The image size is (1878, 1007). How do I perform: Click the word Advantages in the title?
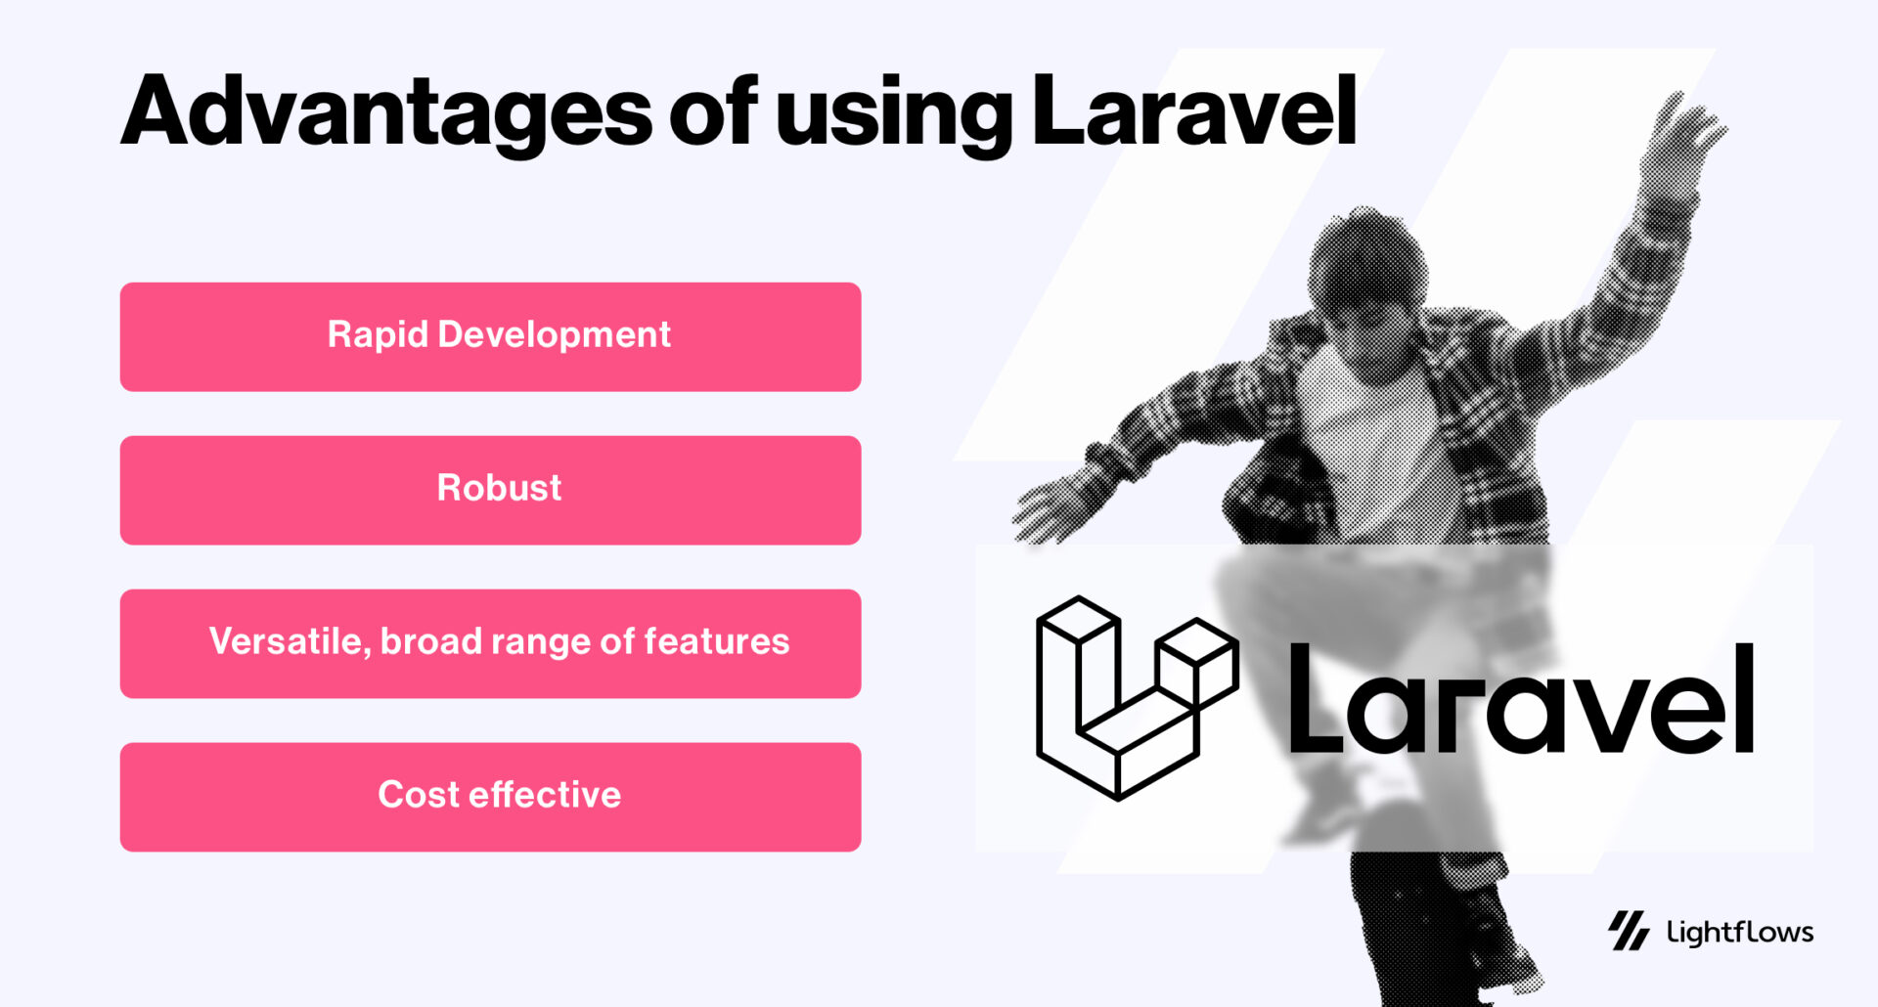click(x=386, y=112)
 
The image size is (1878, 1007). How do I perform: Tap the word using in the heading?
click(x=894, y=115)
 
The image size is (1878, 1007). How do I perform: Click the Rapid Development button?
click(x=490, y=337)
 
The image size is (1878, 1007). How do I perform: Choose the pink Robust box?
click(x=490, y=490)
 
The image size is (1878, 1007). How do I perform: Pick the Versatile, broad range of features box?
click(x=490, y=643)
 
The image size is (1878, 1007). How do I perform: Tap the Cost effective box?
click(x=490, y=797)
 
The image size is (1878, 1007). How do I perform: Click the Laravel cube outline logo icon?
click(x=1135, y=698)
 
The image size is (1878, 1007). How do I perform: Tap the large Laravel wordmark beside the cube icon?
click(x=1521, y=700)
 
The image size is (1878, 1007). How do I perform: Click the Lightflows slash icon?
click(x=1629, y=931)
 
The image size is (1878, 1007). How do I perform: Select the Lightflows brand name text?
click(x=1740, y=932)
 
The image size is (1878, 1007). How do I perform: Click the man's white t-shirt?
click(x=1369, y=430)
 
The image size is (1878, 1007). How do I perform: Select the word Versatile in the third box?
click(x=290, y=641)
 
